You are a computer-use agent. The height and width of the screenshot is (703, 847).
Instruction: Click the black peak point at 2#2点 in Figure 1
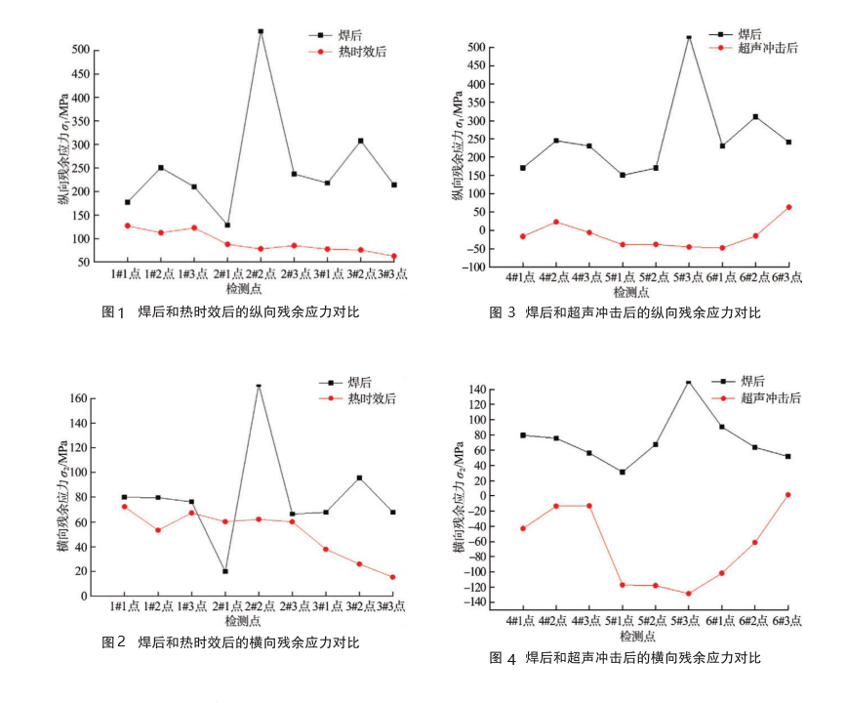click(261, 31)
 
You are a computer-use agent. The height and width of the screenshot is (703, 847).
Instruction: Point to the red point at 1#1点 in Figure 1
click(128, 226)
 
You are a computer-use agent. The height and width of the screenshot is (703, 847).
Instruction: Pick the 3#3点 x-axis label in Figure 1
click(391, 276)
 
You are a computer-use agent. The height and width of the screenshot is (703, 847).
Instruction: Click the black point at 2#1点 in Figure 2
click(225, 571)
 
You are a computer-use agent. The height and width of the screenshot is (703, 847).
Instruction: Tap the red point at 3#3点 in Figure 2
click(392, 577)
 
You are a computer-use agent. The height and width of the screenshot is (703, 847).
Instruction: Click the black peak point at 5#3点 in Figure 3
click(689, 36)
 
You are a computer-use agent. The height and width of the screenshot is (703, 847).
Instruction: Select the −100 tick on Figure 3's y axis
click(499, 267)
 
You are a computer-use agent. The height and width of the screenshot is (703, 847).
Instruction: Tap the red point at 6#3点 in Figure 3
click(788, 207)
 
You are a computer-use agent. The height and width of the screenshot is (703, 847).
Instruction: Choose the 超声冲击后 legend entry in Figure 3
click(769, 48)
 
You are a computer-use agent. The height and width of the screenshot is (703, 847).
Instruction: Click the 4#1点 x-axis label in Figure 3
click(522, 278)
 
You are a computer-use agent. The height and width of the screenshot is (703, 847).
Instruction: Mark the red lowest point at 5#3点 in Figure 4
click(688, 594)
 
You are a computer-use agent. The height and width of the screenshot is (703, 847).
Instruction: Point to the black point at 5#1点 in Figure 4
click(623, 473)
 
